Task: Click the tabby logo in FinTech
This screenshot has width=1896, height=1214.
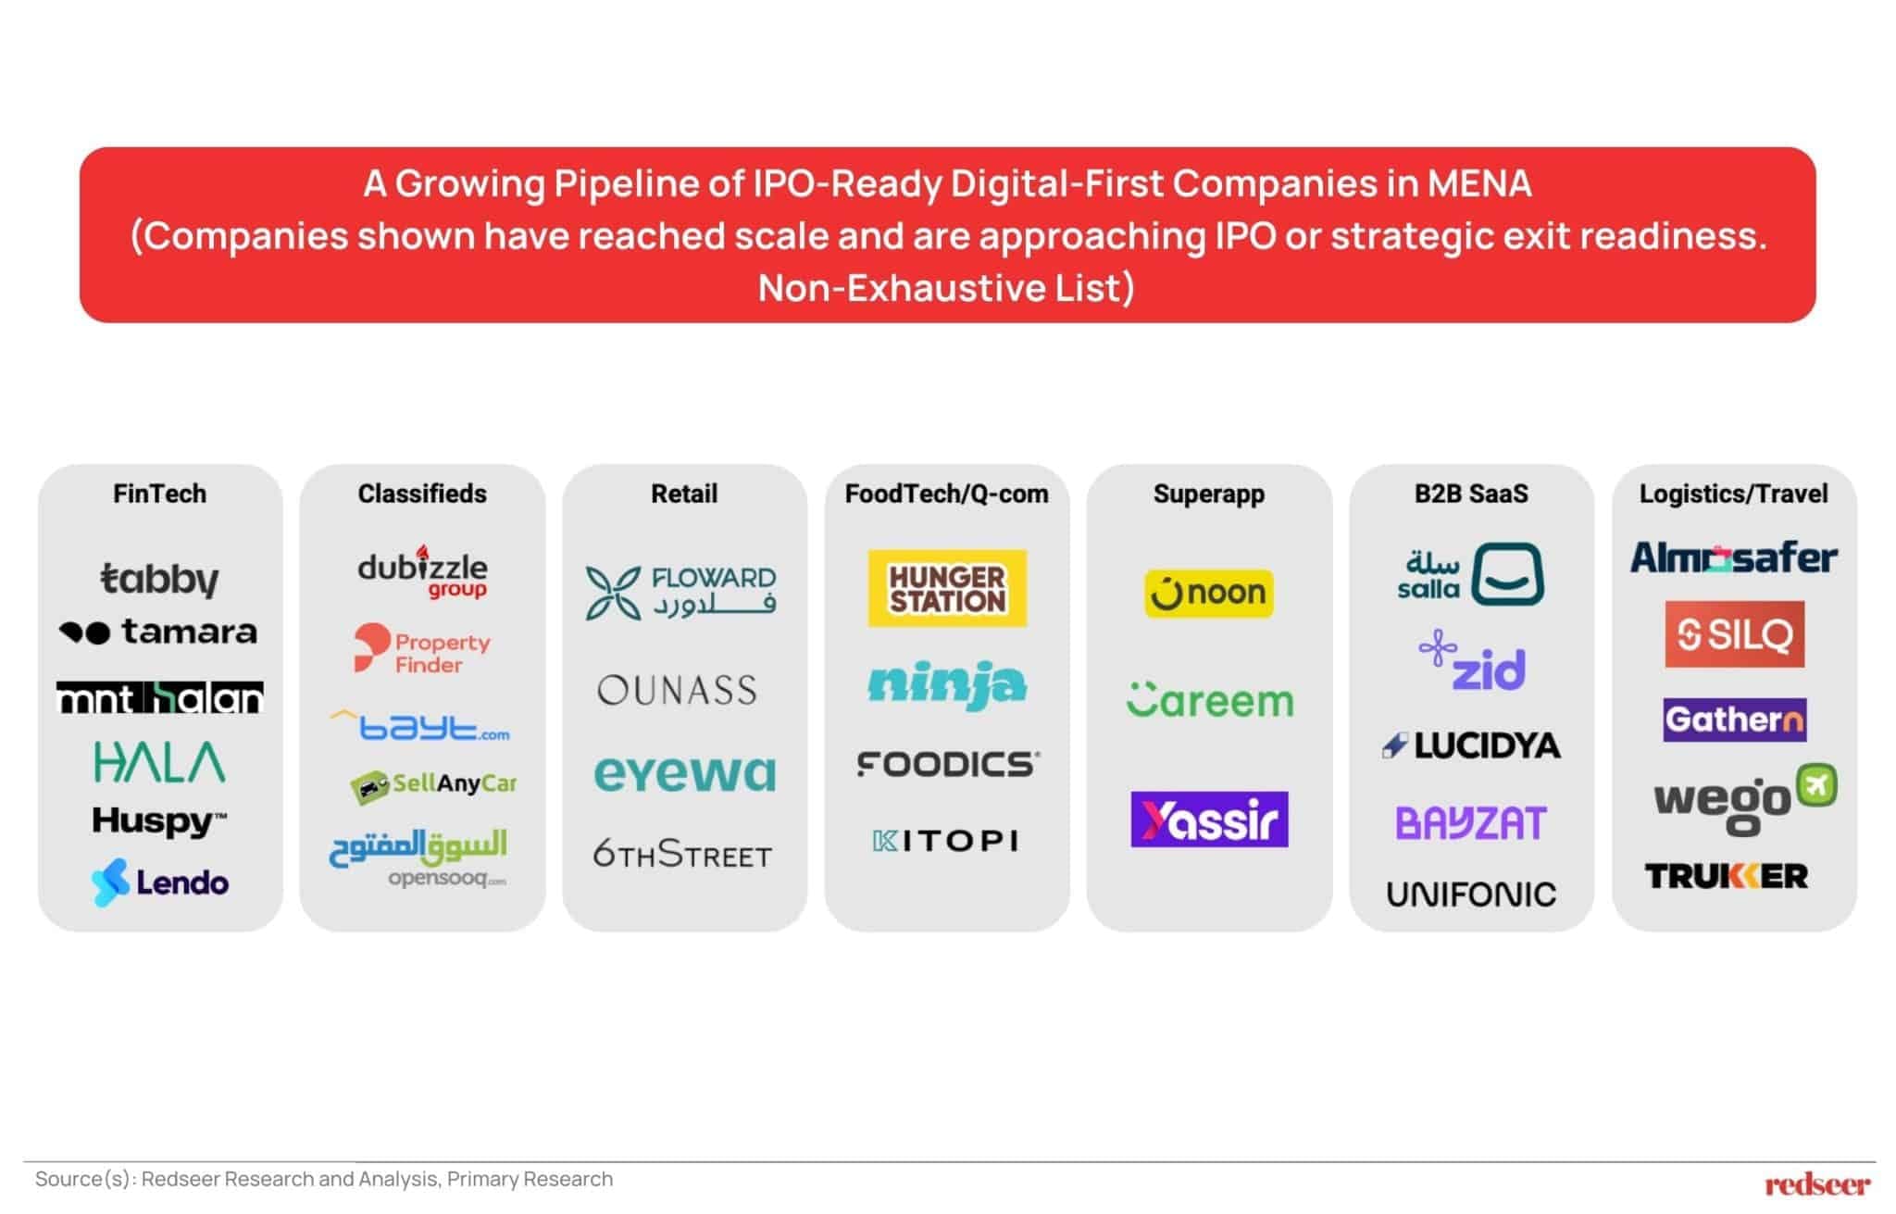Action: point(159,579)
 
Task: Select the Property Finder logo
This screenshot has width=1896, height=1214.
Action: point(422,650)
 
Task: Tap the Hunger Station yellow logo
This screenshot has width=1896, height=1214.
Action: point(946,589)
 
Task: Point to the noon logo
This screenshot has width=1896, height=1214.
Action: point(1208,593)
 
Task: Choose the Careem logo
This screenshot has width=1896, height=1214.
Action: point(1209,701)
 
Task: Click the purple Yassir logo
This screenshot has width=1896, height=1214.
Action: point(1209,820)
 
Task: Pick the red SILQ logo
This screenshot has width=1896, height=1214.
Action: point(1734,634)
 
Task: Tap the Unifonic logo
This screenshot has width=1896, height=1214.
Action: point(1471,895)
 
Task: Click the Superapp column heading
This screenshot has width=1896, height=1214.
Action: point(1208,494)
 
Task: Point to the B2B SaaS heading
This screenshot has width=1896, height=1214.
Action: point(1471,494)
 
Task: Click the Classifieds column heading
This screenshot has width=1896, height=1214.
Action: point(422,494)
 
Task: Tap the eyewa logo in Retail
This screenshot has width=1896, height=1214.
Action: point(684,774)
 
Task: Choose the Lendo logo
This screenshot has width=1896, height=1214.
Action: point(159,882)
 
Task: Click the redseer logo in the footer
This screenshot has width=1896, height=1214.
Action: point(1816,1184)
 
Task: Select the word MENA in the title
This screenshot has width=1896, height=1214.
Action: point(1479,183)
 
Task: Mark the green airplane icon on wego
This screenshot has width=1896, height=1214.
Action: point(1816,786)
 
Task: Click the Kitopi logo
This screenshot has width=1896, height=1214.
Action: point(946,841)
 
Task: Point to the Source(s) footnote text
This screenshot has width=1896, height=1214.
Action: point(324,1179)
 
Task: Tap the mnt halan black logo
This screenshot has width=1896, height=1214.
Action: point(159,698)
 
